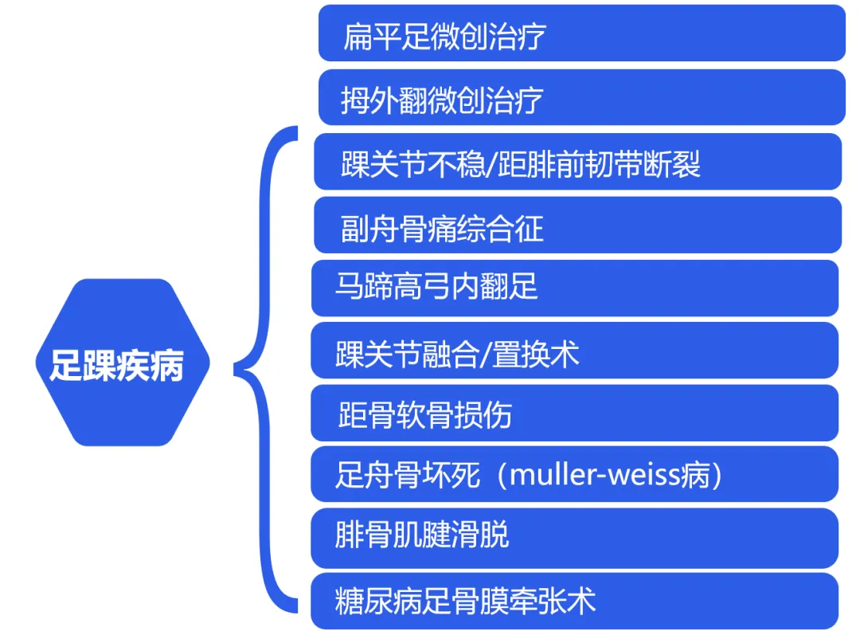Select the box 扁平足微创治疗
581,33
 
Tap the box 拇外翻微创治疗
581,98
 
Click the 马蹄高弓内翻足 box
574,288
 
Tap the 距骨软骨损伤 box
574,414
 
